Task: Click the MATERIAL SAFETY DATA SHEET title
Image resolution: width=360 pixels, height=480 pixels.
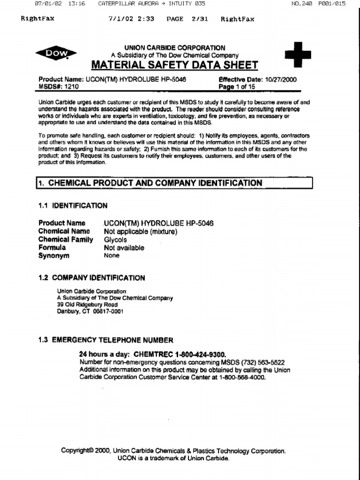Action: [174, 65]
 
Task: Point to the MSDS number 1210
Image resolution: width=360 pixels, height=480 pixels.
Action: [72, 87]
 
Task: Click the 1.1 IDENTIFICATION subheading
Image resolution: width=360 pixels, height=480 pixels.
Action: [73, 205]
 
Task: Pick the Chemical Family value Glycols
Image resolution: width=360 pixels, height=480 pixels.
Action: [115, 240]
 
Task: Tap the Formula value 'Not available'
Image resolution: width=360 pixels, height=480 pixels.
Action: [124, 248]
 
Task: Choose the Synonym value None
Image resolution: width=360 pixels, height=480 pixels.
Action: [112, 256]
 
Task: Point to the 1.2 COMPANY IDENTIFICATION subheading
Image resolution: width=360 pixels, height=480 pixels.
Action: [91, 277]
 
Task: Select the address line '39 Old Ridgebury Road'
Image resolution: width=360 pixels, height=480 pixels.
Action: [87, 304]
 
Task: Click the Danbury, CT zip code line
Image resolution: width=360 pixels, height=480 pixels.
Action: [90, 311]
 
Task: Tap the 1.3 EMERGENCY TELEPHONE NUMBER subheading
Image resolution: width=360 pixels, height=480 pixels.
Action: [106, 340]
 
